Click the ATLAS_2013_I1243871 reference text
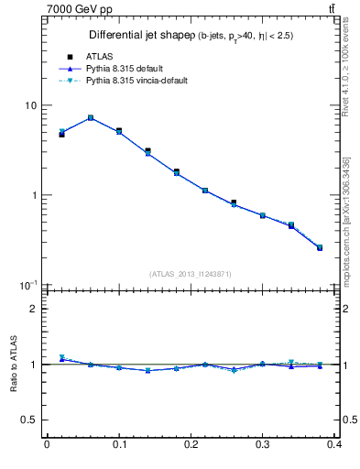[191, 274]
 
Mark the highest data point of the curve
[91, 117]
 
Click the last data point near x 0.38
[320, 247]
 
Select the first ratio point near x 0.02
[62, 358]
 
